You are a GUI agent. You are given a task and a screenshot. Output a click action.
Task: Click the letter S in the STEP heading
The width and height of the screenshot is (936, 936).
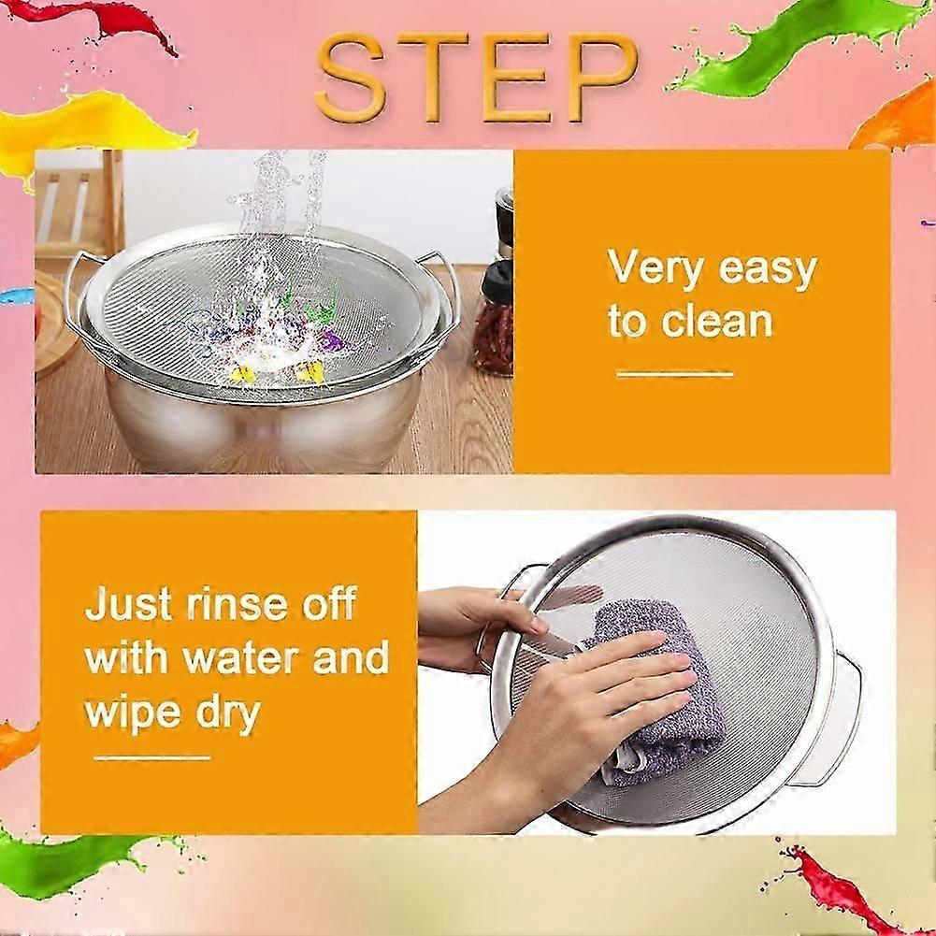point(351,77)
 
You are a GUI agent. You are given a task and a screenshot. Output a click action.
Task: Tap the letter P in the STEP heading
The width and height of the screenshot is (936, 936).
point(601,77)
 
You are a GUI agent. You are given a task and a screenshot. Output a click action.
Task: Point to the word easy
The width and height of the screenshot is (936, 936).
point(768,271)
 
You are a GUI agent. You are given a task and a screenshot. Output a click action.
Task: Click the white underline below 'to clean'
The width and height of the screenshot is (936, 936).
point(674,374)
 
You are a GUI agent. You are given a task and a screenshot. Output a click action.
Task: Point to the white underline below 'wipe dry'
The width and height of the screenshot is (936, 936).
point(152,758)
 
